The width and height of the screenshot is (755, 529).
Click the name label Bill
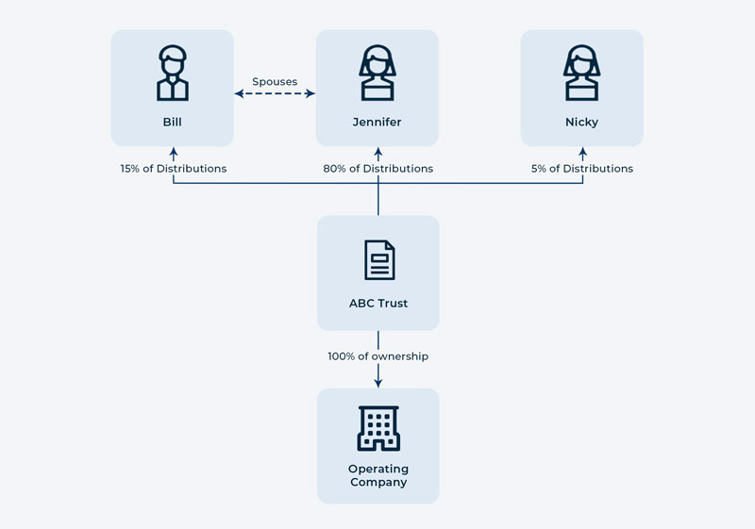pos(172,123)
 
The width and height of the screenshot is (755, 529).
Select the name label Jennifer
pos(377,123)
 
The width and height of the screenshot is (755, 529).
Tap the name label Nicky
pos(581,123)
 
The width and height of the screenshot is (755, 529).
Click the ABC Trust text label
pos(377,304)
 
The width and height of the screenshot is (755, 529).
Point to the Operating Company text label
pos(377,475)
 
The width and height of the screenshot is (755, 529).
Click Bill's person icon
pos(172,74)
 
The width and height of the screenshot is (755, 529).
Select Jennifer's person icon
pos(377,74)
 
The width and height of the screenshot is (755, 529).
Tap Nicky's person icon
pos(581,74)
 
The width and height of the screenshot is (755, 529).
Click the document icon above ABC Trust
pos(378,259)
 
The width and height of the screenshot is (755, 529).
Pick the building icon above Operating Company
pos(378,428)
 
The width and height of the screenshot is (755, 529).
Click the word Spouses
pos(275,82)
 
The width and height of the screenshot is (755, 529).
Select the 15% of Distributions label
pos(174,169)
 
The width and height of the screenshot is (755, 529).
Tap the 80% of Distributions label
pos(377,169)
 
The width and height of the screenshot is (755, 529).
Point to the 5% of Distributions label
pos(581,169)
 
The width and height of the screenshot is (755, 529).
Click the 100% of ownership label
pos(377,356)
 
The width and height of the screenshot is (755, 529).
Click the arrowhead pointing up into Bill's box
pos(173,151)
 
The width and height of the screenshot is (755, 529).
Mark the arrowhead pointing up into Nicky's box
pos(582,151)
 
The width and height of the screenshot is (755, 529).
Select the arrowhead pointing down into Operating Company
pos(378,382)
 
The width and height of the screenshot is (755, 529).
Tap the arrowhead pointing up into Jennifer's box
pos(378,151)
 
